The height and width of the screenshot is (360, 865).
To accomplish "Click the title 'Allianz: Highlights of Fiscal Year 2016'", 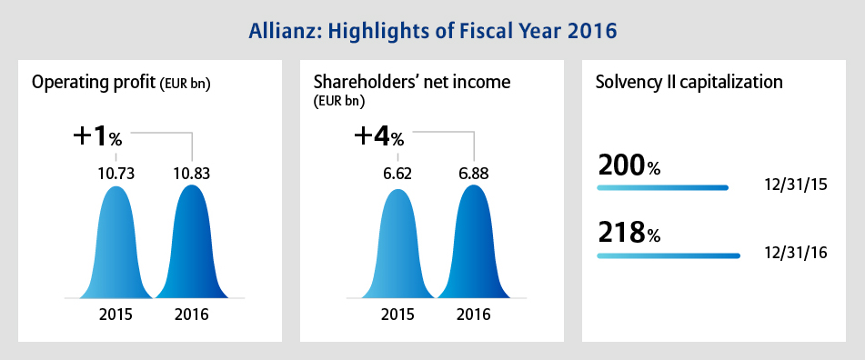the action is tap(433, 31).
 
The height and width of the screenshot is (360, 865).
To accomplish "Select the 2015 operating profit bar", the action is tap(116, 243).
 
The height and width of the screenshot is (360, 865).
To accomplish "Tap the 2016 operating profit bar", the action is tap(191, 242).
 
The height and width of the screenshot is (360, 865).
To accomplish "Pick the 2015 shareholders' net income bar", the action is tap(397, 245).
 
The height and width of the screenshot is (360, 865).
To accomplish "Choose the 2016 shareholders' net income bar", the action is tap(473, 242).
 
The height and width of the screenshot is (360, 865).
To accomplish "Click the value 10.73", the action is tap(116, 175).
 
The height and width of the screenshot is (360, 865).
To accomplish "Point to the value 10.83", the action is tap(191, 175).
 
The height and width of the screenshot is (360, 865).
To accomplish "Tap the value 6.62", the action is tap(397, 175).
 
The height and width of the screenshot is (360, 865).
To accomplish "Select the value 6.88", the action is tap(473, 175).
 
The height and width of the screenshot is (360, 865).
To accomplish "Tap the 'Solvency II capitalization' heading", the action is tap(689, 83).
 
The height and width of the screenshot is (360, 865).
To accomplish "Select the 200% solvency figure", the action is tap(629, 166).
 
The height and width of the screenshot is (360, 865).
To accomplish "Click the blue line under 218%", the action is tap(669, 255).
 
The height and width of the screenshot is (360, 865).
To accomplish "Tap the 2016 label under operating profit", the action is tap(191, 315).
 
